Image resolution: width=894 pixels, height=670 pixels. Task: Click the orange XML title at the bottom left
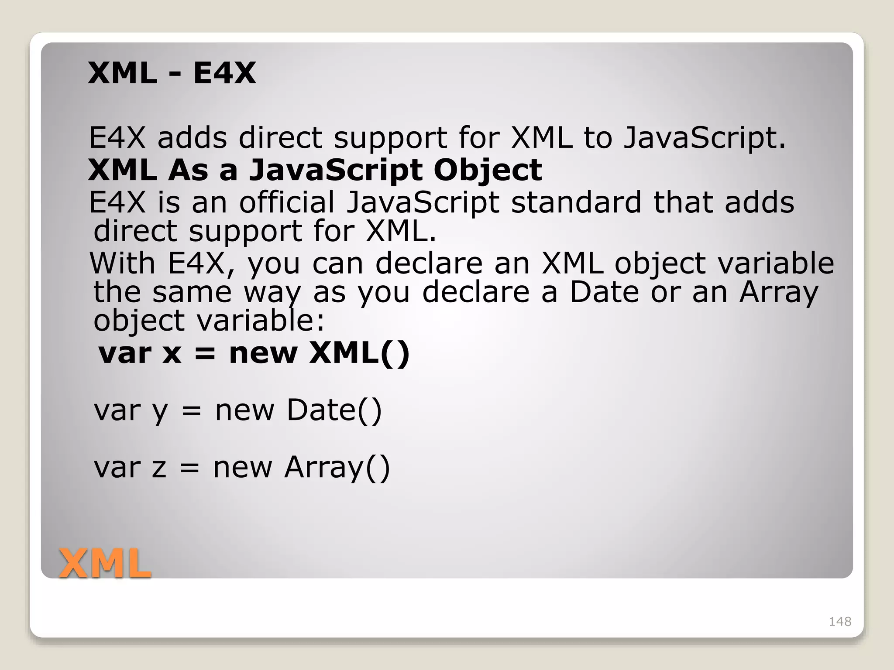[105, 564]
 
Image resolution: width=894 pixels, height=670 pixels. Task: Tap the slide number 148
[840, 622]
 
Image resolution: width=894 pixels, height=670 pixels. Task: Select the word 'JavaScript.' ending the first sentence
[704, 138]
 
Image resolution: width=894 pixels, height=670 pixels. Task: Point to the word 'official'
[286, 202]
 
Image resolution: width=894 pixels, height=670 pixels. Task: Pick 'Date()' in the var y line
[334, 410]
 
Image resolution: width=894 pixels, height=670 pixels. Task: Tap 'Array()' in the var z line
[337, 467]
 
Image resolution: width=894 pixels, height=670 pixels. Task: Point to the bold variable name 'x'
[172, 353]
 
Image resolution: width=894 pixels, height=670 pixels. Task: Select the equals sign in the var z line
[189, 468]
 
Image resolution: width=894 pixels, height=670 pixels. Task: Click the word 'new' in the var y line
[244, 411]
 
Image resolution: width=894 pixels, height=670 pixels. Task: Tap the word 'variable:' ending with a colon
[261, 320]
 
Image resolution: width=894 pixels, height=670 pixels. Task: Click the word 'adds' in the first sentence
[192, 138]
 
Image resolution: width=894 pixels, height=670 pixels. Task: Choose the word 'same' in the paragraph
[192, 292]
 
